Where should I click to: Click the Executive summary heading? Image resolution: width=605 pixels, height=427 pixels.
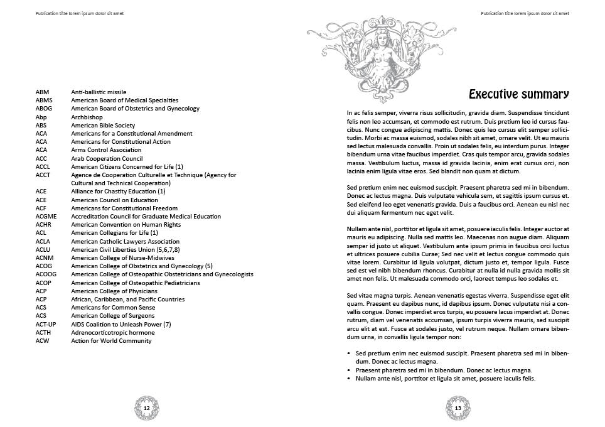tap(518, 95)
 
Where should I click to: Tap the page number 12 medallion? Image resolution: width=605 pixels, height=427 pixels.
tap(147, 408)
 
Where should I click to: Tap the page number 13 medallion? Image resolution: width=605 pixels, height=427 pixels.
tap(458, 408)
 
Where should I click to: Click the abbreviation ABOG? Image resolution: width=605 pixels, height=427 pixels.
tap(44, 109)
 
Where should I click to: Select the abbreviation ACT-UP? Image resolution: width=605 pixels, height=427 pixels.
tap(46, 324)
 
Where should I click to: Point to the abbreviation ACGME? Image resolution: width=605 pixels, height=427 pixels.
tap(46, 216)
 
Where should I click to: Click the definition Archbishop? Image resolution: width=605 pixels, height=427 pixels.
tap(87, 117)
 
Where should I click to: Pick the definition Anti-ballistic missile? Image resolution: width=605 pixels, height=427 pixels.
tap(99, 92)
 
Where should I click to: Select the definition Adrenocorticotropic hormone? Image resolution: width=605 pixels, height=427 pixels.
tap(112, 332)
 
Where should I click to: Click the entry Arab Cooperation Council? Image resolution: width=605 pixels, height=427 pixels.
tap(107, 158)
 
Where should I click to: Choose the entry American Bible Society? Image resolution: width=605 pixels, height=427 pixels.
tap(103, 125)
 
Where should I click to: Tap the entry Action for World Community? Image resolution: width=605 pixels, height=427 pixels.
tap(111, 340)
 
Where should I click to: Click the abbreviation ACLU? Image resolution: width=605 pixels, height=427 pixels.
tap(43, 249)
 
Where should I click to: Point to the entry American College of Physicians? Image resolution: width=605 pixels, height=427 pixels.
tap(114, 291)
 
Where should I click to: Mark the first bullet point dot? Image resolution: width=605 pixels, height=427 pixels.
tap(349, 354)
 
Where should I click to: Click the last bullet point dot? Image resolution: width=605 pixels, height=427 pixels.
tap(349, 379)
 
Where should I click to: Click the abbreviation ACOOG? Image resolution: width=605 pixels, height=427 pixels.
tap(46, 274)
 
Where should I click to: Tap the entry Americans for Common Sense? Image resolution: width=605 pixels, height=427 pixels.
tap(113, 308)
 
